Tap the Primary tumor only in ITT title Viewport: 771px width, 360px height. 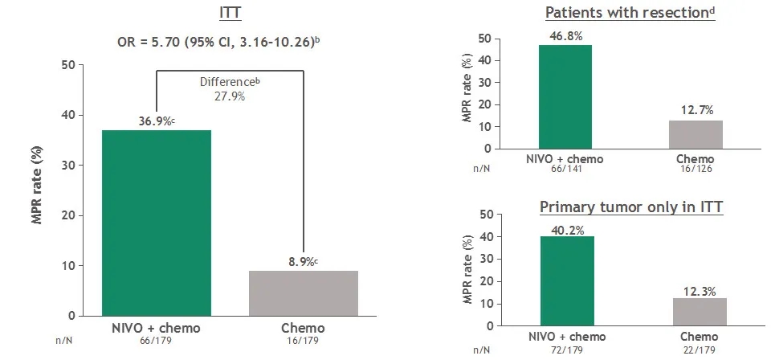tap(632, 207)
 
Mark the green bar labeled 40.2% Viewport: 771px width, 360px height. tap(567, 281)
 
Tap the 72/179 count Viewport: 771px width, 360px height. tap(567, 350)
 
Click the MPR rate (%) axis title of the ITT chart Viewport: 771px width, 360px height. tap(37, 190)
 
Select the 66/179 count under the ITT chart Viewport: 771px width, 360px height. tap(155, 341)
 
